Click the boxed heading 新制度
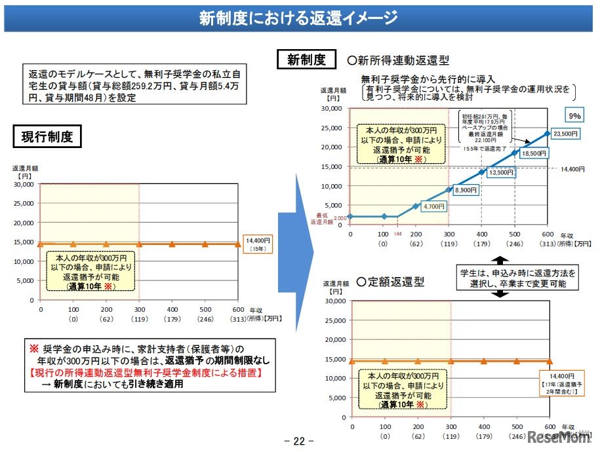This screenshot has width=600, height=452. click(x=306, y=60)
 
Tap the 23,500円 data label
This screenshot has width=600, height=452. click(x=566, y=134)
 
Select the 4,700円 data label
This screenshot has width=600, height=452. click(x=433, y=206)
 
